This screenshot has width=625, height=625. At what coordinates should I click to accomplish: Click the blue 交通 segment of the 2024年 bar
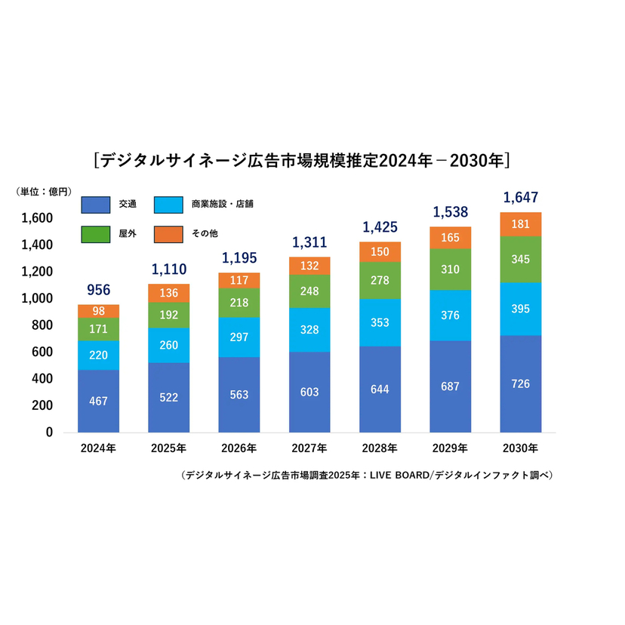pos(98,401)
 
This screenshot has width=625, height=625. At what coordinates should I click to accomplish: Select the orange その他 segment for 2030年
pos(521,224)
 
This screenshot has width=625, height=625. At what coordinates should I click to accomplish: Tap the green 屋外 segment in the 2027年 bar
pos(309,291)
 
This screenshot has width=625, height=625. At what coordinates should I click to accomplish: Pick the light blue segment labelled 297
pos(239,337)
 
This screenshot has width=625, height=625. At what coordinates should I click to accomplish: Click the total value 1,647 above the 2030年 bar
pos(521,198)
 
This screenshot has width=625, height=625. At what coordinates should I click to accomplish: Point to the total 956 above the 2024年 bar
pos(98,289)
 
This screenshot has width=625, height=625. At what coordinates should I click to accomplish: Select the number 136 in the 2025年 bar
pos(168,294)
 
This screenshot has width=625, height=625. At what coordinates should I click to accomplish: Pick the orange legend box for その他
pos(168,234)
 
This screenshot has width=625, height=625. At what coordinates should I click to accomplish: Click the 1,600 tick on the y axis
pos(37,218)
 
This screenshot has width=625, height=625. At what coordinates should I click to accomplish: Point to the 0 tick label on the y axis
pos(49,433)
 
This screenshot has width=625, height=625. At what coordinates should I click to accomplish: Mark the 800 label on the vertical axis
pos(42,325)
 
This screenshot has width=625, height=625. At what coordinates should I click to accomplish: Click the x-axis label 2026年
pos(239,448)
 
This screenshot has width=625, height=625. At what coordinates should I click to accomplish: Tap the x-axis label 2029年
pos(451,448)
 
